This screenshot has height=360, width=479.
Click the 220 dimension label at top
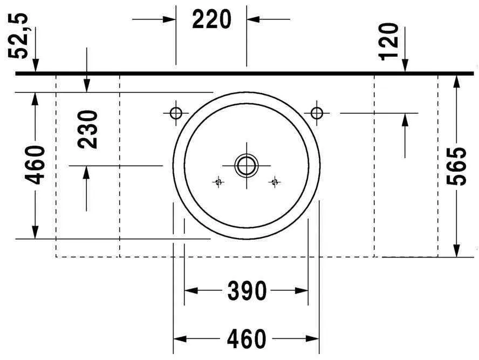[211, 20]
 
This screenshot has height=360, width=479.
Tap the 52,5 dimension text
[21, 36]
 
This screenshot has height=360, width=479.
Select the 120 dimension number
[389, 41]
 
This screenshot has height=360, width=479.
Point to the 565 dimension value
[458, 166]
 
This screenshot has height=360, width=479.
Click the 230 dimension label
[88, 130]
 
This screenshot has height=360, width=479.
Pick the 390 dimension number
[247, 291]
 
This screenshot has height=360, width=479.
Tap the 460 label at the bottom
[247, 339]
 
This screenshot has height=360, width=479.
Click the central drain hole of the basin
[247, 165]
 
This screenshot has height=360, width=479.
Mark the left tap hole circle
[176, 113]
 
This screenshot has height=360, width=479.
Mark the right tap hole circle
[317, 113]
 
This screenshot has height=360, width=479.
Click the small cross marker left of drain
[218, 182]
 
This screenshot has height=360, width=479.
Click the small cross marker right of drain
[275, 182]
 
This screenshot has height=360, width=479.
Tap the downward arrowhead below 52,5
[36, 66]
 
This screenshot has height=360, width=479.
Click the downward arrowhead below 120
[405, 66]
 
